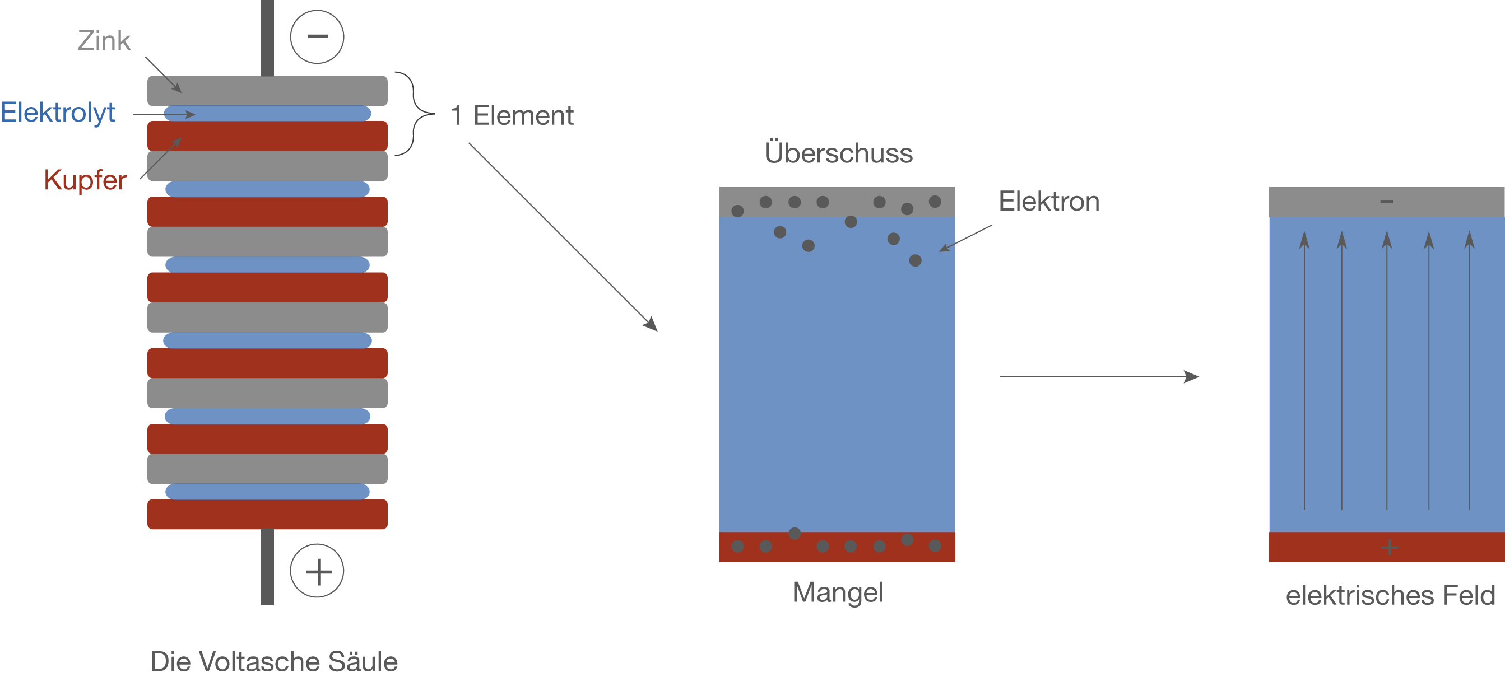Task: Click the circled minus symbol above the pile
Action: point(317,36)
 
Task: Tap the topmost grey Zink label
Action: point(104,41)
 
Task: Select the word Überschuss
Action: point(838,153)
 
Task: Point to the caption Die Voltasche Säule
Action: point(274,662)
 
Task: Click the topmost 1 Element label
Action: point(512,116)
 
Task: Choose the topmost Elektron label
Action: point(1049,202)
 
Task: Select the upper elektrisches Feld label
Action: point(1391,595)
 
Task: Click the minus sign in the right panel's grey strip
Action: point(1386,202)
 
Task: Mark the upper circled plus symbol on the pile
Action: point(317,571)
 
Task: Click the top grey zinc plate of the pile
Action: point(267,91)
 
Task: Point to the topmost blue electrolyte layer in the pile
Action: point(267,113)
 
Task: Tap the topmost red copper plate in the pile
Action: point(267,136)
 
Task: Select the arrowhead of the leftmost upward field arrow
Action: point(1304,240)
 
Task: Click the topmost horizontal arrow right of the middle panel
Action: point(1098,377)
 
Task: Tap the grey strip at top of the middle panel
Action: point(837,202)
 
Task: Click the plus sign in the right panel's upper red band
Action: point(1390,547)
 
